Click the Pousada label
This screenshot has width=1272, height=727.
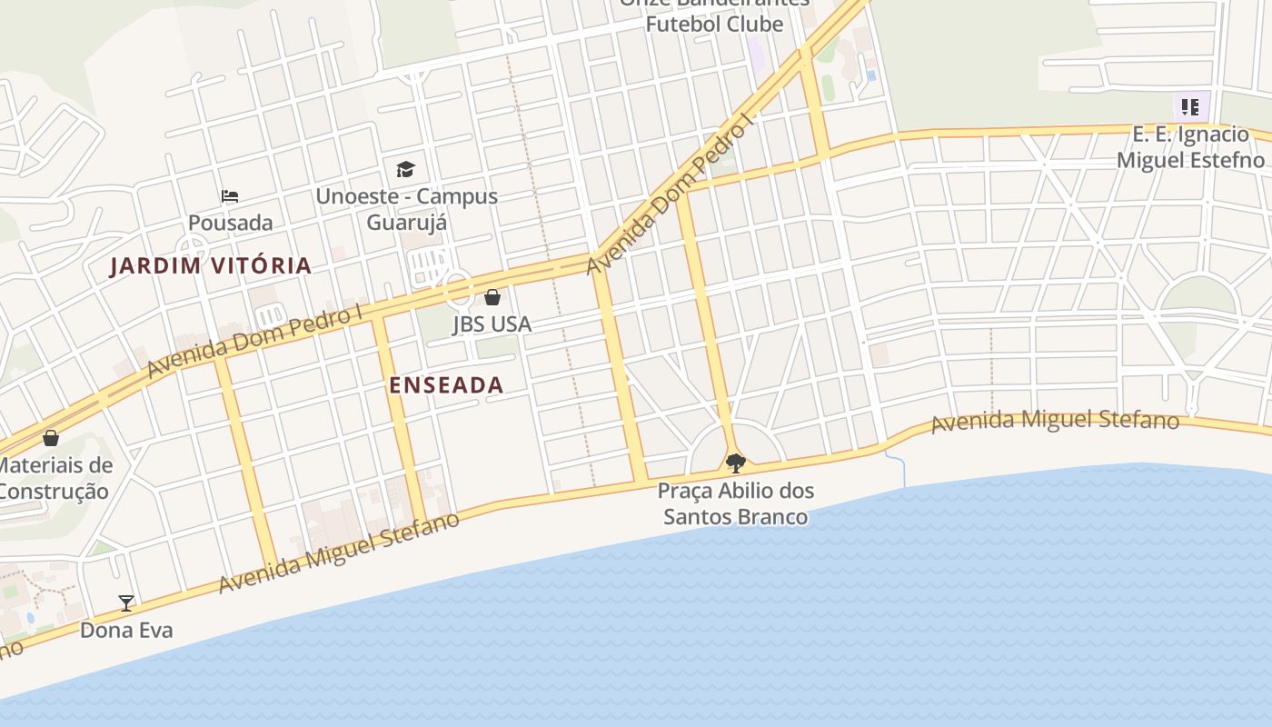click(x=230, y=223)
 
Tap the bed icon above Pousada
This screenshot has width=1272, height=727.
click(x=230, y=195)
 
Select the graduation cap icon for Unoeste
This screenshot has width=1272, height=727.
click(x=405, y=169)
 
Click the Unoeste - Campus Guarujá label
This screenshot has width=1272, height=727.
click(x=406, y=209)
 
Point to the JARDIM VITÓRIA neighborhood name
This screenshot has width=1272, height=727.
click(x=211, y=266)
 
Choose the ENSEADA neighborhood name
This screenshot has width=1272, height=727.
click(x=446, y=385)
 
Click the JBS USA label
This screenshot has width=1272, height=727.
click(x=492, y=324)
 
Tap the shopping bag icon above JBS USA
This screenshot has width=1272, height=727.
click(x=492, y=297)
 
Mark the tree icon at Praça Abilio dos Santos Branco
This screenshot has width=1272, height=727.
click(x=736, y=463)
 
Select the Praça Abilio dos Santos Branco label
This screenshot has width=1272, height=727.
click(x=736, y=504)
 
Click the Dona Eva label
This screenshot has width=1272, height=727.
click(x=126, y=630)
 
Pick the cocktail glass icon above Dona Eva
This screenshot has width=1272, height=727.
click(x=126, y=603)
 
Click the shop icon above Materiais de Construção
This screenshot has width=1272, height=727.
click(x=51, y=438)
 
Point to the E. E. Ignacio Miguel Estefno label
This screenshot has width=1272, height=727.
click(x=1190, y=147)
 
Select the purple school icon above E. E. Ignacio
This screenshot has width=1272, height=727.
click(x=1190, y=107)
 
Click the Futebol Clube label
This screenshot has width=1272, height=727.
click(x=714, y=24)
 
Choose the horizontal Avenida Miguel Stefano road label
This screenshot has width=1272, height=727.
click(x=1055, y=421)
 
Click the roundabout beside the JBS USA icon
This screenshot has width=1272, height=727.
click(x=460, y=290)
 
